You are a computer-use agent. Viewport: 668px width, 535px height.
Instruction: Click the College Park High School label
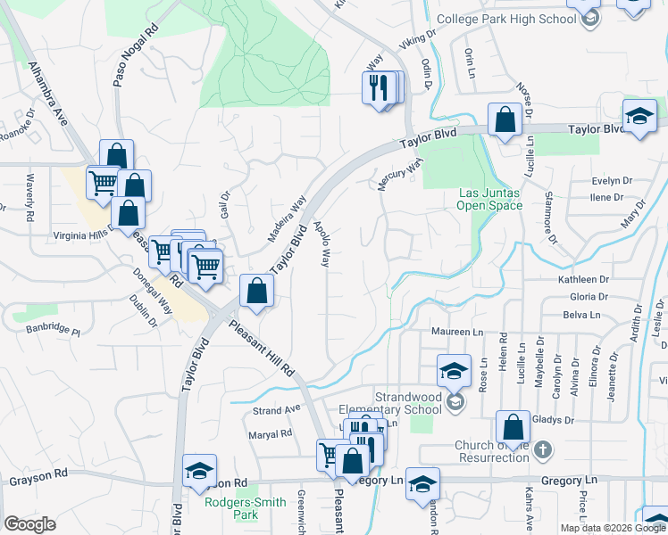click(507, 19)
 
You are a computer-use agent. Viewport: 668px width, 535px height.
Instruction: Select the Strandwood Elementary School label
click(384, 403)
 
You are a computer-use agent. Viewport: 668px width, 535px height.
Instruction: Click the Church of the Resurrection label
click(492, 451)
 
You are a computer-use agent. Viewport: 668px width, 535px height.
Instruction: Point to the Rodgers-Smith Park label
click(245, 508)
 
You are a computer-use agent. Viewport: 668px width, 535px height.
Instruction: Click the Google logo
click(29, 524)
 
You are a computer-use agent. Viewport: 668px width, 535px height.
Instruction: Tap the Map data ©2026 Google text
click(613, 528)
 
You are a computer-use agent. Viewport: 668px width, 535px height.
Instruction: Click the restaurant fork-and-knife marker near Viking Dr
click(379, 87)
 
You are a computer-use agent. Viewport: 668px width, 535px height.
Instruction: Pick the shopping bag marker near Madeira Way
click(257, 291)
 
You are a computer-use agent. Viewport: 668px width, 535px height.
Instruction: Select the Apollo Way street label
click(321, 244)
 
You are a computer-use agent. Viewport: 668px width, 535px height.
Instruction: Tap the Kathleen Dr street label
click(582, 279)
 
